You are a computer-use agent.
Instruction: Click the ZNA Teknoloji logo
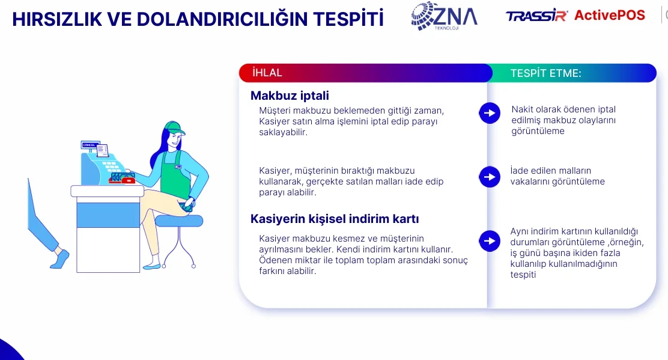[x=445, y=16]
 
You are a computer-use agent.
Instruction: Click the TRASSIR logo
[x=537, y=16]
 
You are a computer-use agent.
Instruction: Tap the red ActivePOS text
[x=610, y=15]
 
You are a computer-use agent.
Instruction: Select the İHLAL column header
[x=267, y=73]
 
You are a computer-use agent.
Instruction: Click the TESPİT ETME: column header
[x=545, y=73]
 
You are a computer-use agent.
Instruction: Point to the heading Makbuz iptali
[x=290, y=96]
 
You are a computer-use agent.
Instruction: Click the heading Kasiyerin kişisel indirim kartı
[x=335, y=219]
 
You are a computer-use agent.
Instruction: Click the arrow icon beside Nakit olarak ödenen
[x=490, y=114]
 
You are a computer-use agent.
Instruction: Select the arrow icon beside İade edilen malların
[x=490, y=177]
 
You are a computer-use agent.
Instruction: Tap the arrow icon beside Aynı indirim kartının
[x=490, y=241]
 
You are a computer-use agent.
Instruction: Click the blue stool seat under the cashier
[x=178, y=221]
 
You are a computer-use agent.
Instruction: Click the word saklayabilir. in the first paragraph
[x=284, y=132]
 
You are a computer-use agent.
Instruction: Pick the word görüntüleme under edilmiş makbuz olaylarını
[x=538, y=131]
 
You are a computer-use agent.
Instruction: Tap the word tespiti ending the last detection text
[x=523, y=275]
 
